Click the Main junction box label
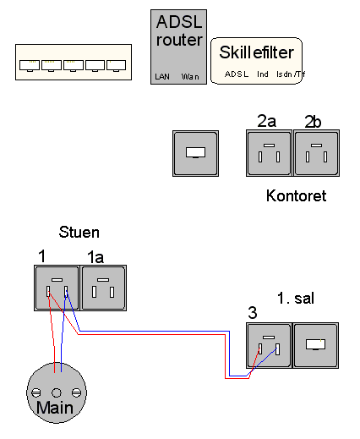click(x=55, y=408)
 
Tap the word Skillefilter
click(x=257, y=52)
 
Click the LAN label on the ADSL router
click(x=162, y=76)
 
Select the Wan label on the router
click(x=190, y=77)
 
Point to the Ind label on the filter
click(x=263, y=74)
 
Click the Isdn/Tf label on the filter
click(x=291, y=74)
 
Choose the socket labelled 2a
click(x=269, y=153)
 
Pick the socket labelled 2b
click(x=316, y=153)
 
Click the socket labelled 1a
click(x=103, y=288)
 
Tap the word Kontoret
click(x=297, y=195)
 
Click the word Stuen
click(x=79, y=232)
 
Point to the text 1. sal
click(x=296, y=298)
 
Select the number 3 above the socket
click(x=253, y=312)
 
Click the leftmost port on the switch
click(x=30, y=65)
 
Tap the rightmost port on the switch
click(x=116, y=65)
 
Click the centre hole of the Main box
click(x=57, y=392)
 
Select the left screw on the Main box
click(x=36, y=392)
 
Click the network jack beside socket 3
click(x=316, y=345)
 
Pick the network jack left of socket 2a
click(x=195, y=153)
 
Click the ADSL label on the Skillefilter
click(x=237, y=74)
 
